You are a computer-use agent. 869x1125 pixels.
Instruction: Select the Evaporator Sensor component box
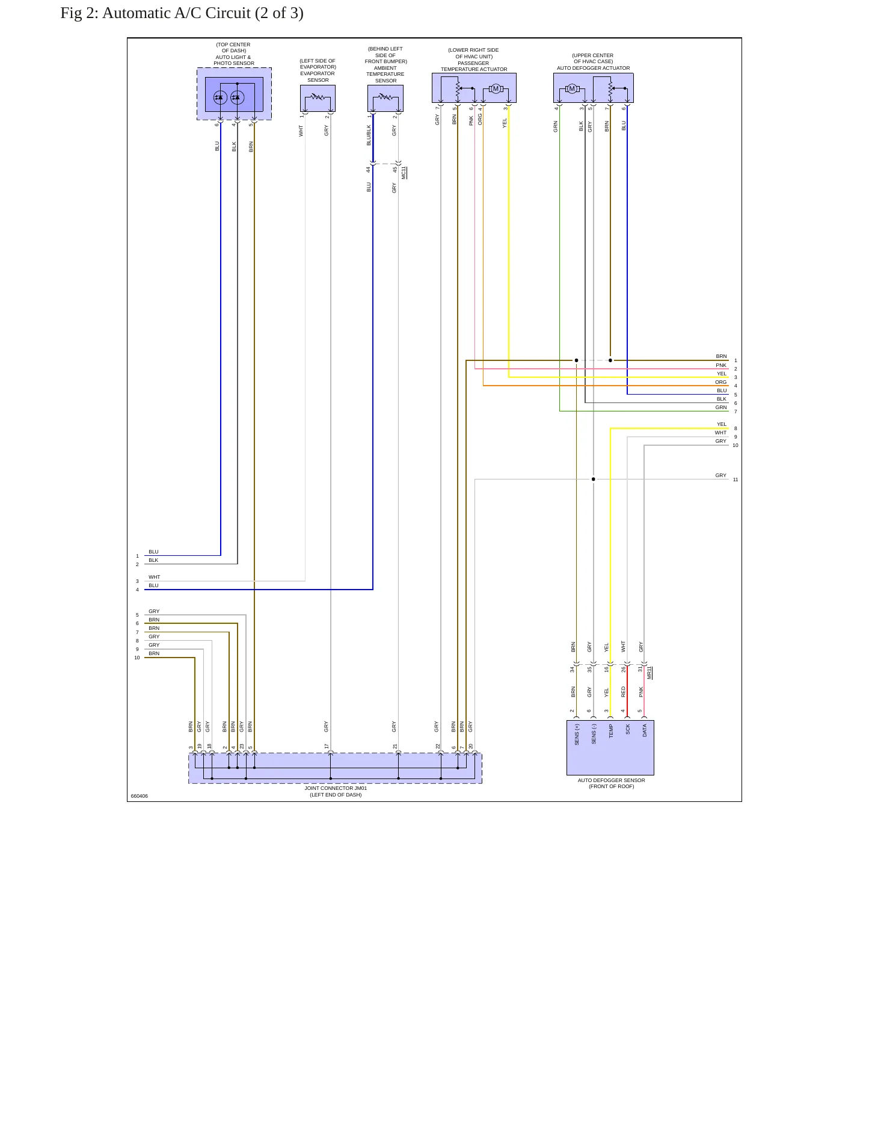(318, 98)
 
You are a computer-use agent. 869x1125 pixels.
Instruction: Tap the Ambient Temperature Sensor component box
(385, 98)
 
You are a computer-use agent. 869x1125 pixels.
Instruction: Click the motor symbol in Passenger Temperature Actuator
(496, 89)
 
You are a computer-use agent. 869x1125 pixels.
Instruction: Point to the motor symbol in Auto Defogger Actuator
(571, 89)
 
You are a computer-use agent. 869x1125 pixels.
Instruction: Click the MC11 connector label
(404, 173)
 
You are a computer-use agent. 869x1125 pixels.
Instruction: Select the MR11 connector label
(649, 673)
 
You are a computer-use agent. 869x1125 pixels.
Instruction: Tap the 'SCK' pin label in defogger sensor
(628, 729)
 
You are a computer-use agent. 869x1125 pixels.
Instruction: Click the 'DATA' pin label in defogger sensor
(645, 730)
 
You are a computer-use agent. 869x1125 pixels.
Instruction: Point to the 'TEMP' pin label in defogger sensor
(611, 731)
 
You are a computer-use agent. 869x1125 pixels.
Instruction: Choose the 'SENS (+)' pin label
(577, 735)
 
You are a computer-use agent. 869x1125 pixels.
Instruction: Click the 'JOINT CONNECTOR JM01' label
(336, 788)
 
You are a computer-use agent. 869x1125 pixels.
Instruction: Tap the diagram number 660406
(140, 796)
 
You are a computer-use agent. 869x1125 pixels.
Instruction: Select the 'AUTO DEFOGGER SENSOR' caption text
(611, 780)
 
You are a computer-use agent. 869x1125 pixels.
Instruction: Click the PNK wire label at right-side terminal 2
(721, 365)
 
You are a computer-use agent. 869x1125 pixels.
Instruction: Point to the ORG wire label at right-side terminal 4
(721, 382)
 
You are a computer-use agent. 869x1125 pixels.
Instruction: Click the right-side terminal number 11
(735, 479)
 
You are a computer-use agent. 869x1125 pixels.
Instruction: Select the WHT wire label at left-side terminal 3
(155, 577)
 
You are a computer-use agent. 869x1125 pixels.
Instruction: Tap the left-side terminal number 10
(137, 658)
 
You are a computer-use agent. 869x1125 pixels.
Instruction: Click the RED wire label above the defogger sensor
(624, 692)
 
